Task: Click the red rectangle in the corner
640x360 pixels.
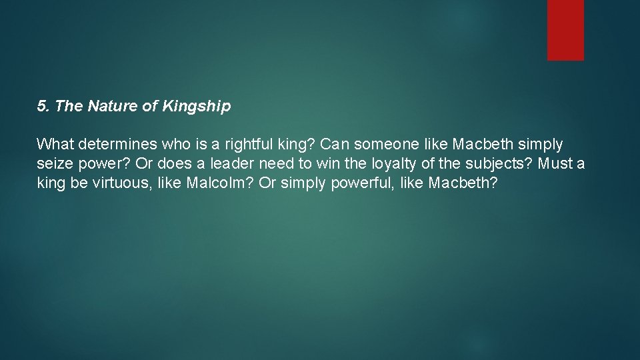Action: [565, 30]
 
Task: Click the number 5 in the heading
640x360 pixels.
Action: [41, 106]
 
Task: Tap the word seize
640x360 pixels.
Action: [52, 163]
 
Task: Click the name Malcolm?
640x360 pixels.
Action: [223, 183]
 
